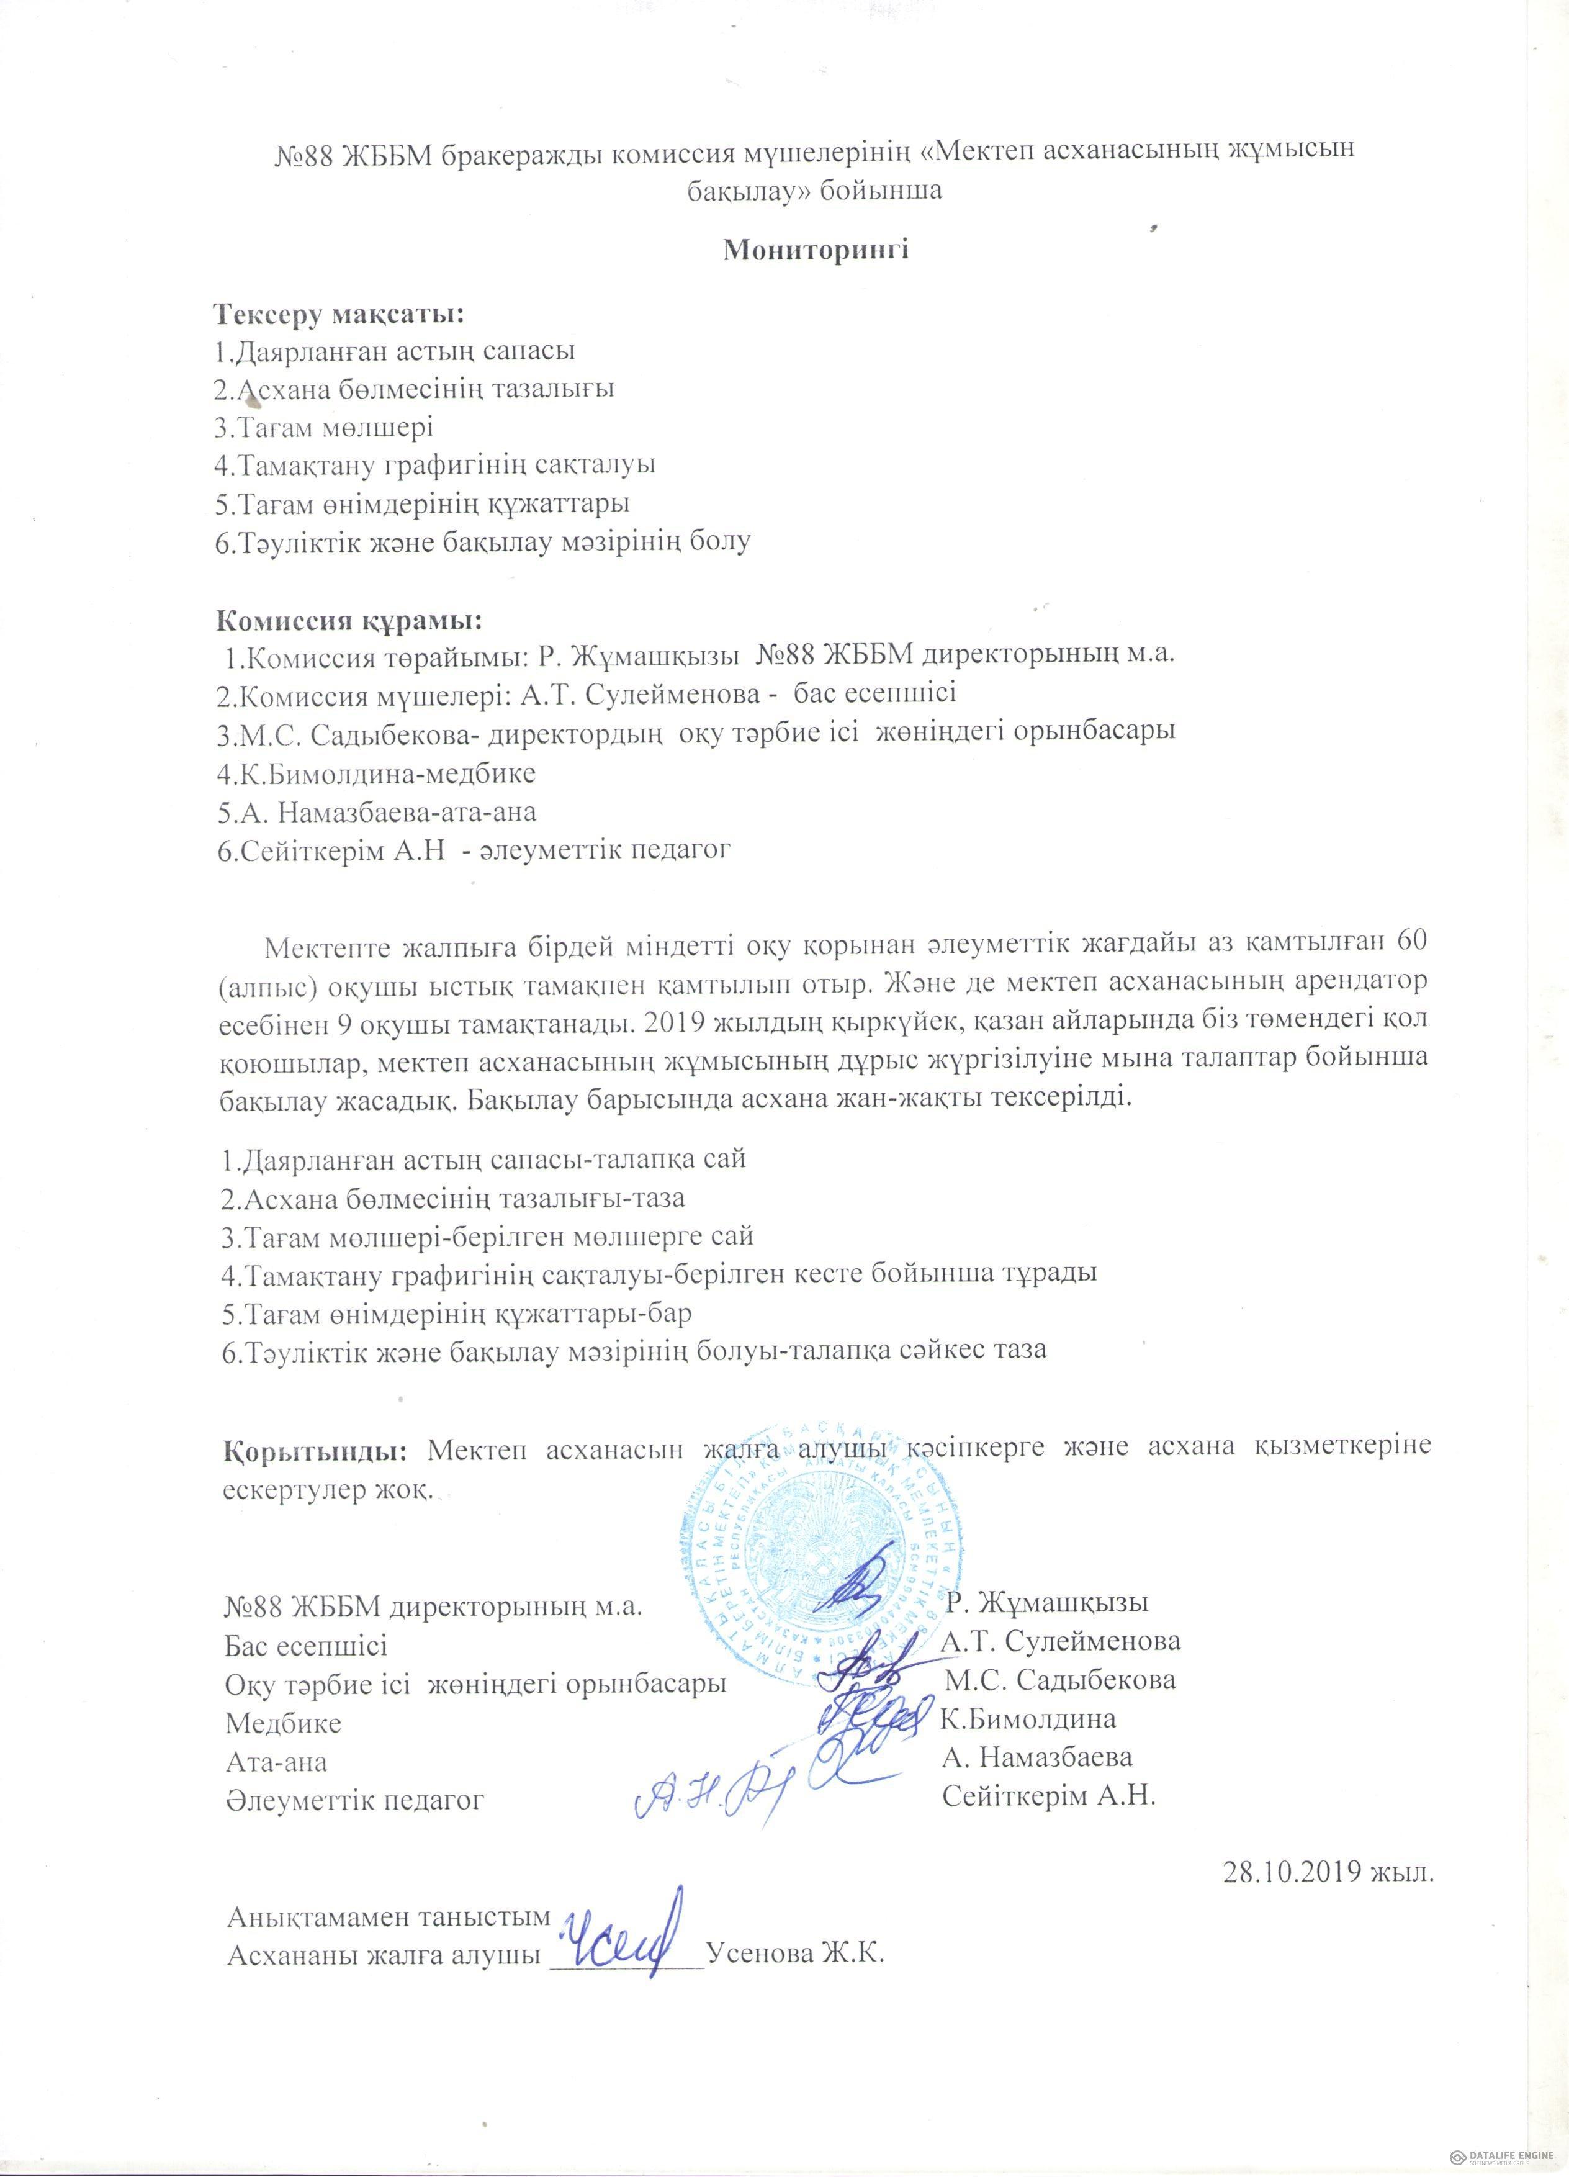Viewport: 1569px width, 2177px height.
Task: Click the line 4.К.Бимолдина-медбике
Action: point(376,773)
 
